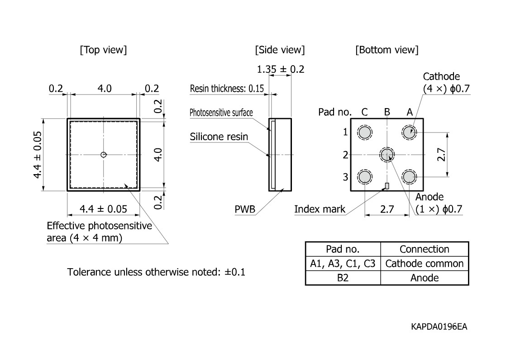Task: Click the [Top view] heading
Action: (x=104, y=50)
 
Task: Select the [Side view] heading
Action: (x=280, y=50)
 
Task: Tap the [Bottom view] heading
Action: (x=387, y=50)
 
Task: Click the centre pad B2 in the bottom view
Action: (x=387, y=155)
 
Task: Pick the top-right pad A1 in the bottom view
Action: (x=409, y=133)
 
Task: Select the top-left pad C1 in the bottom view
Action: (x=365, y=133)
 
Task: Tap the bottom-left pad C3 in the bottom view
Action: (x=365, y=177)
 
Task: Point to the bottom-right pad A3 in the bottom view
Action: (x=409, y=177)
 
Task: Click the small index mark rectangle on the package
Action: (x=387, y=186)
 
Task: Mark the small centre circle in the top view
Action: (x=104, y=155)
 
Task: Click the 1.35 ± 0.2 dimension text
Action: (x=281, y=69)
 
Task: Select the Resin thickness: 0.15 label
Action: (x=227, y=89)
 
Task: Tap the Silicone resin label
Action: (x=219, y=137)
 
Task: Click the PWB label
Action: (x=245, y=209)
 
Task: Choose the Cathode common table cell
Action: (x=425, y=263)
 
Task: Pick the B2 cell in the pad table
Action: (x=343, y=278)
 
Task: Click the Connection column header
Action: (x=425, y=249)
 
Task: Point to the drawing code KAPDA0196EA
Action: (x=439, y=327)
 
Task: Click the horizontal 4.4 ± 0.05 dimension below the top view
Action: (x=104, y=209)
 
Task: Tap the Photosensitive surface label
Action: (x=221, y=113)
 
